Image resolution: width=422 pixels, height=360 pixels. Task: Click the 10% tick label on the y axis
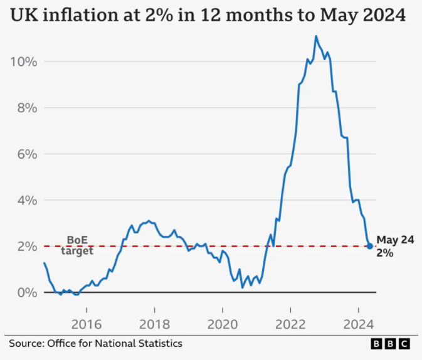coord(23,62)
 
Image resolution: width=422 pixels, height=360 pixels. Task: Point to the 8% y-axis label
coord(27,109)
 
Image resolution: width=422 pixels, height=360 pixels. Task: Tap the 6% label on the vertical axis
coord(27,154)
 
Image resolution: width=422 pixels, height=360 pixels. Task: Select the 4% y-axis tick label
coord(27,201)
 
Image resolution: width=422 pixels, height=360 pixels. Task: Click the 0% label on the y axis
coord(27,293)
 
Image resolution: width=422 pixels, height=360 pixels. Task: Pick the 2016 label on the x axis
coord(87,324)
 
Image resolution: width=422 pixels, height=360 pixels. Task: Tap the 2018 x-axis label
coord(154,324)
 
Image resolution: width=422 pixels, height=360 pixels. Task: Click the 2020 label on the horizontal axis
coord(223,324)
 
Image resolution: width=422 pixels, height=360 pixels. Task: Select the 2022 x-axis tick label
coord(290,324)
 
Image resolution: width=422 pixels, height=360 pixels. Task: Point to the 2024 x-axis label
coord(359,324)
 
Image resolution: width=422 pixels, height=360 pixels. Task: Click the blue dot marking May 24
coord(370,246)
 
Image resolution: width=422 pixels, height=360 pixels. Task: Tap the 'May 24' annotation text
coord(395,240)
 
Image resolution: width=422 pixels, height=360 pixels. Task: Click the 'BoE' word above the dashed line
coord(77,240)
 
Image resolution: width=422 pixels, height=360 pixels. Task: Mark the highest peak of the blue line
coord(316,36)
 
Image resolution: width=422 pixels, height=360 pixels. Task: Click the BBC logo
coord(390,344)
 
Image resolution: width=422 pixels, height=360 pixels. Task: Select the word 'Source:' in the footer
coord(26,344)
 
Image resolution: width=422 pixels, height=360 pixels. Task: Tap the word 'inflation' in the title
coord(80,15)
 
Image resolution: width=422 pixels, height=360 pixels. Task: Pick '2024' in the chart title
coord(384,15)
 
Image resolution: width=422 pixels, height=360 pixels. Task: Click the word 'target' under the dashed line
coord(77,251)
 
